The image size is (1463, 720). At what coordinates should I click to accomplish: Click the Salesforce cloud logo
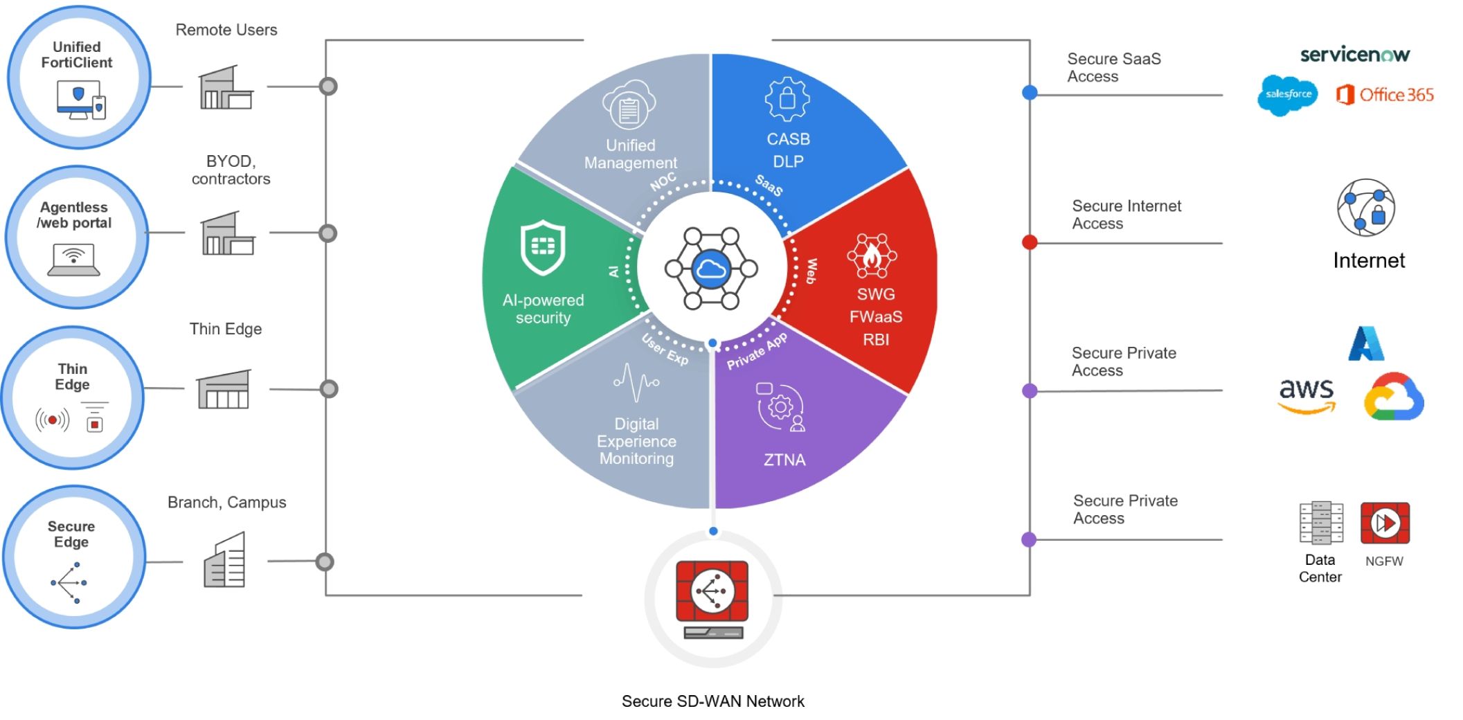point(1287,95)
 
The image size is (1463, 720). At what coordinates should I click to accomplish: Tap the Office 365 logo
point(1385,95)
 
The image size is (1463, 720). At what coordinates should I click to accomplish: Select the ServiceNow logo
point(1354,55)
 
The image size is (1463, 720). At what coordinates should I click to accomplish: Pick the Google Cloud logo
point(1393,397)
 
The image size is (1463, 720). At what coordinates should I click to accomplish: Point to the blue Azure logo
point(1365,343)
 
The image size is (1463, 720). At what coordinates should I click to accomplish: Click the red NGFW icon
point(1385,523)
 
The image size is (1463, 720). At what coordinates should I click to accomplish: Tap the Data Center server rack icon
point(1321,523)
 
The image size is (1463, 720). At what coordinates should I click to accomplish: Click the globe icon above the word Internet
point(1365,208)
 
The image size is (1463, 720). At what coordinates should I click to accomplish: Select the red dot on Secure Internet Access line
point(1030,242)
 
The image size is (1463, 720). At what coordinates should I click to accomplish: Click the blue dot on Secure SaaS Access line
point(1030,93)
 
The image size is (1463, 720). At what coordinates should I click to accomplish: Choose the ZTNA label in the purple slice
point(784,460)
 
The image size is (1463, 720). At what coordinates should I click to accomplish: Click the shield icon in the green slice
point(543,247)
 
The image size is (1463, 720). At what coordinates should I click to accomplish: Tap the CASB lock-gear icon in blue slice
point(787,99)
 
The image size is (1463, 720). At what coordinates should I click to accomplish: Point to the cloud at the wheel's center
point(711,268)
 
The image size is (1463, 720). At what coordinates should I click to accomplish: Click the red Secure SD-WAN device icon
point(712,593)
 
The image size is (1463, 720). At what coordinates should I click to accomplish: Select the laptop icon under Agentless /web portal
point(73,261)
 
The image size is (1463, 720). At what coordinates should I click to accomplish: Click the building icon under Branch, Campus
point(224,560)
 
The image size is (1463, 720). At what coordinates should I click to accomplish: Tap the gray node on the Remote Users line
point(328,87)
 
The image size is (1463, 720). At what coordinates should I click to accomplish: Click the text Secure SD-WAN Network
point(712,701)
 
